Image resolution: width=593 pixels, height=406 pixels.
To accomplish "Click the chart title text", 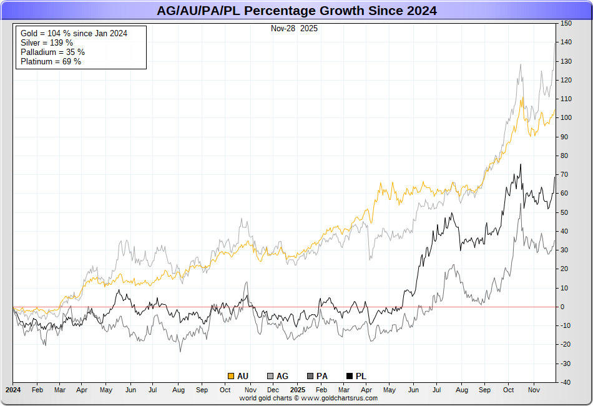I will pyautogui.click(x=296, y=11).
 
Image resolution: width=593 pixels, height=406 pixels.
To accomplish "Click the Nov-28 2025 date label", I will pyautogui.click(x=294, y=28).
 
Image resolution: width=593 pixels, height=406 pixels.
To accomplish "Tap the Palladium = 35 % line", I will pyautogui.click(x=52, y=52).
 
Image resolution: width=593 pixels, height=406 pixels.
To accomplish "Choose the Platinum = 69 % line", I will pyautogui.click(x=51, y=61).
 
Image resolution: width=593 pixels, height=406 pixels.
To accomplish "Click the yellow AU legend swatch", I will pyautogui.click(x=231, y=376).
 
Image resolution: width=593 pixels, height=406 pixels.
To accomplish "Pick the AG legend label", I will pyautogui.click(x=282, y=376).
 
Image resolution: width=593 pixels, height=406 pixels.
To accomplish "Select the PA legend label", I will pyautogui.click(x=322, y=376).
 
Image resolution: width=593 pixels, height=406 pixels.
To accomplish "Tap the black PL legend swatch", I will pyautogui.click(x=350, y=376).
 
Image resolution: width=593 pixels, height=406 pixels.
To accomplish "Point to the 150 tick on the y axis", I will pyautogui.click(x=566, y=24).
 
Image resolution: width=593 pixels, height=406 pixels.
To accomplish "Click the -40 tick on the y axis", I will pyautogui.click(x=566, y=382).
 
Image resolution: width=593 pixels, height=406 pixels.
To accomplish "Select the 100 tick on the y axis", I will pyautogui.click(x=566, y=118).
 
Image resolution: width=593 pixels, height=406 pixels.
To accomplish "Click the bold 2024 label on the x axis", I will pyautogui.click(x=13, y=389).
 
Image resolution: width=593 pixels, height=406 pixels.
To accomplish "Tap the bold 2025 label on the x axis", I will pyautogui.click(x=297, y=389).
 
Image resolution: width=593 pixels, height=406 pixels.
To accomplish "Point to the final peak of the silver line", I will pyautogui.click(x=555, y=43).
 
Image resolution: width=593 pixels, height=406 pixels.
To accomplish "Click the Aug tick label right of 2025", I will pyautogui.click(x=462, y=389).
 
